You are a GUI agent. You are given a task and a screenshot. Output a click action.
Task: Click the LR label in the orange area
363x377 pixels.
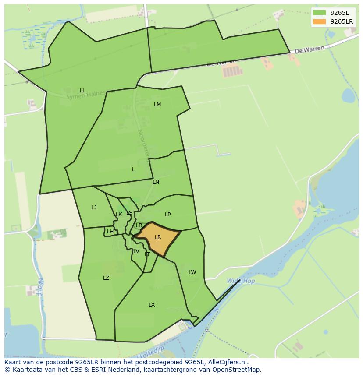(158, 237)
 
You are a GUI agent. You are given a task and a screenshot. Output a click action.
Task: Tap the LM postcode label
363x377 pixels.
(157, 105)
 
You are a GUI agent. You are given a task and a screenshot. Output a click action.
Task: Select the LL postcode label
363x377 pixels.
(82, 91)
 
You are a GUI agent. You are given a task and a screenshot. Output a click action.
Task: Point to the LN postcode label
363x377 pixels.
(156, 182)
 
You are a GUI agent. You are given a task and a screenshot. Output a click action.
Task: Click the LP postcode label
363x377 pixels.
(167, 215)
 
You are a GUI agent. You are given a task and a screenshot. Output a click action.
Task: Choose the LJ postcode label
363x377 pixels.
(94, 208)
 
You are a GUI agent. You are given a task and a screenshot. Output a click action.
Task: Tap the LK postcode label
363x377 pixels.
(119, 215)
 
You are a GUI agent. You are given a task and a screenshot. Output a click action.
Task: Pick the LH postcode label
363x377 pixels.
(110, 232)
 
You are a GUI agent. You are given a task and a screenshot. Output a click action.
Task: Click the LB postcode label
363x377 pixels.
(139, 225)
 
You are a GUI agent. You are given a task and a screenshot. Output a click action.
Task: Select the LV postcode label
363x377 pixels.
(136, 251)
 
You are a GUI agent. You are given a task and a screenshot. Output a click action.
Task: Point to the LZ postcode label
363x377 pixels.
(106, 278)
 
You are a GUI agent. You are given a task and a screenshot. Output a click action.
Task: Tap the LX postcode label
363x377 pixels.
(152, 305)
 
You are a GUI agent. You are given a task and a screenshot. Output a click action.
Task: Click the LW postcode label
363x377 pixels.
(192, 272)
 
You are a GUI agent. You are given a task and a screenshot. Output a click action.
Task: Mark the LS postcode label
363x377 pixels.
(129, 213)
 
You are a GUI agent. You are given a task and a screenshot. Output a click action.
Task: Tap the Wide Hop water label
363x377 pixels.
(241, 281)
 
